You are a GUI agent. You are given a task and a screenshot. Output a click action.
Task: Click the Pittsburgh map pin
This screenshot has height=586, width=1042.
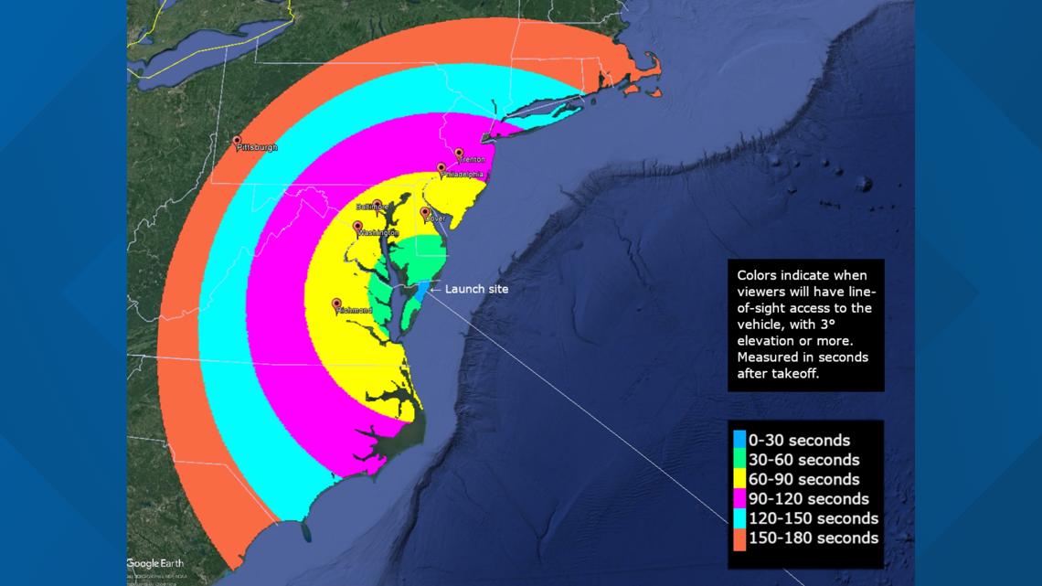point(237,142)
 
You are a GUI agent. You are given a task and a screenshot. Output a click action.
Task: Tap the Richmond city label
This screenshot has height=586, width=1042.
point(355,311)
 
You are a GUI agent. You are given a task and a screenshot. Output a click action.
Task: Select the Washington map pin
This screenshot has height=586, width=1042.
point(357,227)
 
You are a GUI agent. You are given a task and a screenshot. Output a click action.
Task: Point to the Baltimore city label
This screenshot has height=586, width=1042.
point(372,207)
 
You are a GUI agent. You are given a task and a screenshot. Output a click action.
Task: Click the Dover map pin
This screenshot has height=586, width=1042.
point(425,213)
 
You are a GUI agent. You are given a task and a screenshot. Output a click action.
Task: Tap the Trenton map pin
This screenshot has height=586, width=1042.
point(459,154)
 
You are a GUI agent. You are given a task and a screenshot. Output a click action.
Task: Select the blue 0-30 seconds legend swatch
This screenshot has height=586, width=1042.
point(739,441)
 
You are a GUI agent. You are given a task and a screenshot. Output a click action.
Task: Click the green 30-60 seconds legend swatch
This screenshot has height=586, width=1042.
point(739,460)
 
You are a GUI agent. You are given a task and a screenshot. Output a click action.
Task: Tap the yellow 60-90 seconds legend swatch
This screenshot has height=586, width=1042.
point(739,479)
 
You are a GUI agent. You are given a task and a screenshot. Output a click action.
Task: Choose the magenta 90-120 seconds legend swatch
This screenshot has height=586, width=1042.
point(739,499)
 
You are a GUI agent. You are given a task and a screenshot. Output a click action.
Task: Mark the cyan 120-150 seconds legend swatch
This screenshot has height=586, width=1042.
point(739,518)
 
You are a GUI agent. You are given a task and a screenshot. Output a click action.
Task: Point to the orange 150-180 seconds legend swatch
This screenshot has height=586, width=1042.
point(739,538)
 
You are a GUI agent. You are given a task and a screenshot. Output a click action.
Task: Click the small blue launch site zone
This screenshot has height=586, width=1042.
point(423,291)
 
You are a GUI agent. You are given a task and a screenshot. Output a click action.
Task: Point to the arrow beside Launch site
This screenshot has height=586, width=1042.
point(435,289)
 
